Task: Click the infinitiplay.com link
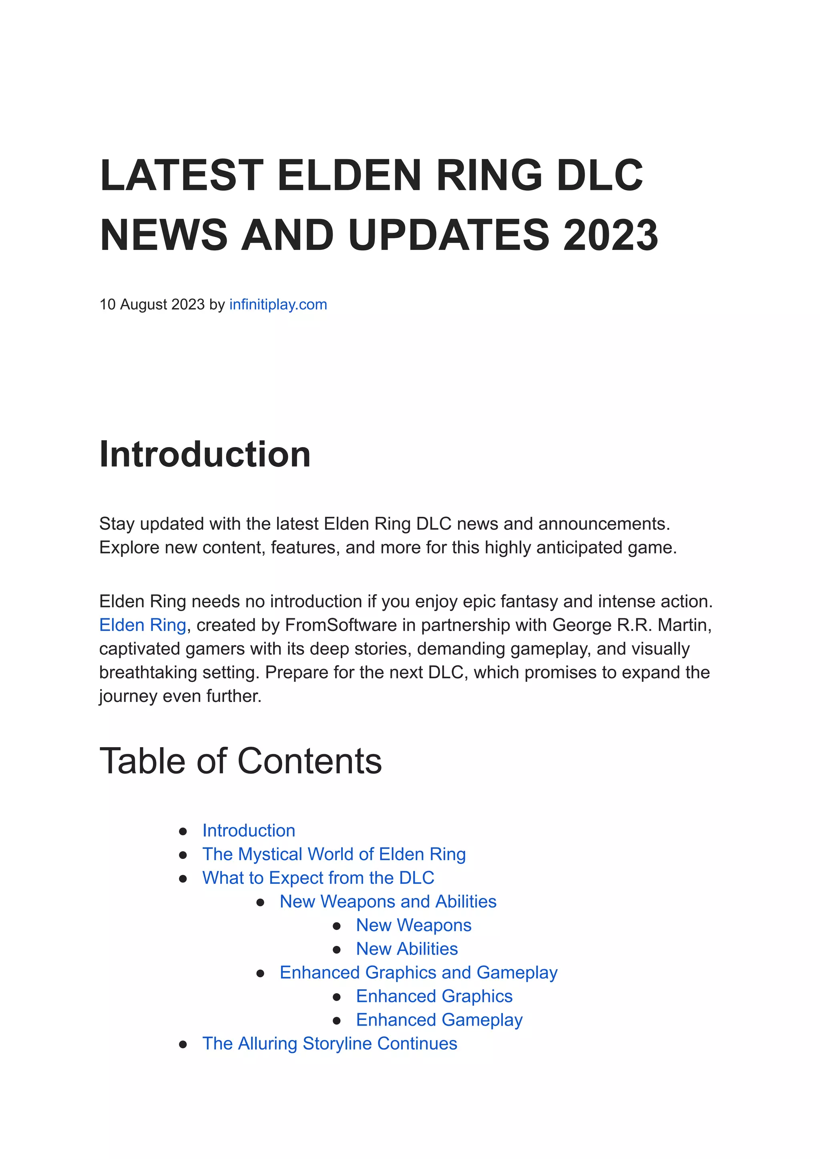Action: tap(278, 304)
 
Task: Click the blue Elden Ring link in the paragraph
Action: tap(143, 625)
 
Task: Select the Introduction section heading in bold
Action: tap(205, 454)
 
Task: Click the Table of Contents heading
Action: tap(240, 761)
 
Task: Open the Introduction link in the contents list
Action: tap(248, 830)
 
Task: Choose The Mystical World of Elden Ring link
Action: tap(334, 855)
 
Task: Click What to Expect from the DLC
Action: tap(318, 878)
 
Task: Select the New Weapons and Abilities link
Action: tap(388, 902)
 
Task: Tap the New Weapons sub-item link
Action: tap(414, 925)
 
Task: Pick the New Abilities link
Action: tap(406, 949)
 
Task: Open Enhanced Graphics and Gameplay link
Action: tap(418, 973)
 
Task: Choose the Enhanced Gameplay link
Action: tap(439, 1020)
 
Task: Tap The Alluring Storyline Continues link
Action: tap(330, 1044)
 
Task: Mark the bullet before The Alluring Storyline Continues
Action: tap(183, 1044)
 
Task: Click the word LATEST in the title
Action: tap(182, 175)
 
